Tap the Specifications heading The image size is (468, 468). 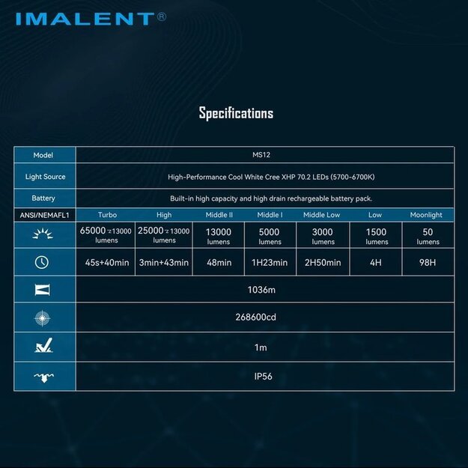(236, 113)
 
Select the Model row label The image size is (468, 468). (43, 155)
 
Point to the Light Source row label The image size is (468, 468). (45, 177)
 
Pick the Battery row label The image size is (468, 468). (43, 198)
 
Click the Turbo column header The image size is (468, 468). (107, 215)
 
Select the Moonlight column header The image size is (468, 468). (426, 215)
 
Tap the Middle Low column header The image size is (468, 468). (321, 215)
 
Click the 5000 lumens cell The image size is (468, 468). (270, 237)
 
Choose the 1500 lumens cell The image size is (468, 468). (377, 237)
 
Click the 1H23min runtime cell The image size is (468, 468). (270, 262)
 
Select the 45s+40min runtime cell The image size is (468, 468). (106, 262)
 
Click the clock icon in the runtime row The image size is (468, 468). (42, 262)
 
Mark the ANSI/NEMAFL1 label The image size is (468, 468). (45, 215)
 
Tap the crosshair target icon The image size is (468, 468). (43, 317)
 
